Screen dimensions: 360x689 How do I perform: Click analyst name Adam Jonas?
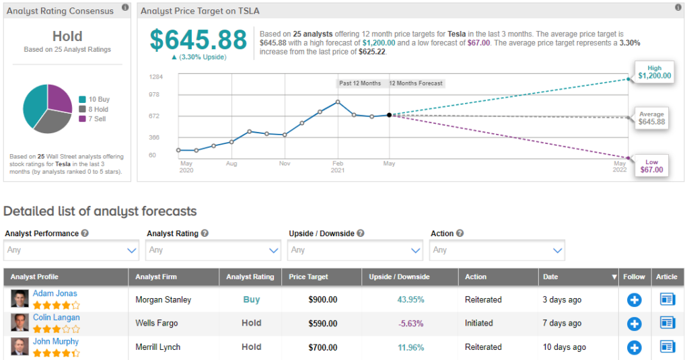[55, 293]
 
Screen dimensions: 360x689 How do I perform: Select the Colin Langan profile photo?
[20, 323]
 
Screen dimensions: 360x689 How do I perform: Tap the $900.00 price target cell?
[322, 300]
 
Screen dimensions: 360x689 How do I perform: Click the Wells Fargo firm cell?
[157, 324]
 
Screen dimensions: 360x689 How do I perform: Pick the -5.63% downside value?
[410, 324]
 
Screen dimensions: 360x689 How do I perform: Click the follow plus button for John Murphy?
[634, 347]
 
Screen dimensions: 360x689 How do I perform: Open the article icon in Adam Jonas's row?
[667, 300]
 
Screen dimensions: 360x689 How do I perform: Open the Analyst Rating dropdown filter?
[213, 250]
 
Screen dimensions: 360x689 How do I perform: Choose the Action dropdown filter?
[497, 250]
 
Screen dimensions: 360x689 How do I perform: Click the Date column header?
[550, 277]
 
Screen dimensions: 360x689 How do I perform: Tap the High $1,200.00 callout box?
[655, 71]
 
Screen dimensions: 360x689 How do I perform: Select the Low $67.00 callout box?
[652, 165]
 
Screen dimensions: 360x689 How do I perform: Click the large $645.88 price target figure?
[198, 40]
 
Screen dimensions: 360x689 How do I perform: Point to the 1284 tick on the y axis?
[155, 77]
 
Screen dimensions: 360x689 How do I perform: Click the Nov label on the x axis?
[284, 164]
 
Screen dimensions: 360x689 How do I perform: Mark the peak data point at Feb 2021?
[338, 102]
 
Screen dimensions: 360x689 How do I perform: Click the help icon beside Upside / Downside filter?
[361, 233]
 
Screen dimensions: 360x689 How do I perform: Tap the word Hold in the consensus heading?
[67, 36]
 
